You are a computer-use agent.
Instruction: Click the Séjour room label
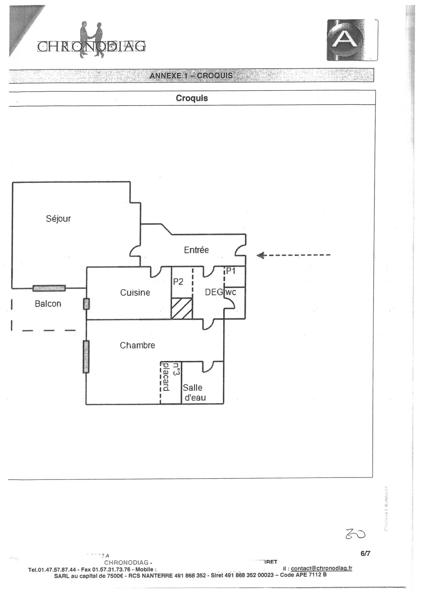click(58, 219)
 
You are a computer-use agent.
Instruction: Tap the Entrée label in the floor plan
click(196, 250)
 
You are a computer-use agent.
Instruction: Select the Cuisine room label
click(135, 293)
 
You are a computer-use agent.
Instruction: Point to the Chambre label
click(137, 345)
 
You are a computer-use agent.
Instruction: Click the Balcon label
click(48, 304)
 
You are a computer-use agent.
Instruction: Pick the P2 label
click(178, 282)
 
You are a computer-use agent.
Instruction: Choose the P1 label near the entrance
click(231, 271)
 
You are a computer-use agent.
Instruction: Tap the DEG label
click(214, 292)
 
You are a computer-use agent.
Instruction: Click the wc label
click(231, 292)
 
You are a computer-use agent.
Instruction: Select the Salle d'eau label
click(194, 392)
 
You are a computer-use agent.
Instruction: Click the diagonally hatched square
click(182, 308)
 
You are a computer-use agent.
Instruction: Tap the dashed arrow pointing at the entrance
click(293, 255)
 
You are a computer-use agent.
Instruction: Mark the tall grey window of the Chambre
click(86, 357)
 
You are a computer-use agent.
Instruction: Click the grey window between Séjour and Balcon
click(49, 289)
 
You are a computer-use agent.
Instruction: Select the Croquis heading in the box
click(192, 98)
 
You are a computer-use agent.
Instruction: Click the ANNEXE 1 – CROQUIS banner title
click(191, 76)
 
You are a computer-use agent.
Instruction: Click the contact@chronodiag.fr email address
click(321, 568)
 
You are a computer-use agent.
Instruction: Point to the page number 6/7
click(365, 553)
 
